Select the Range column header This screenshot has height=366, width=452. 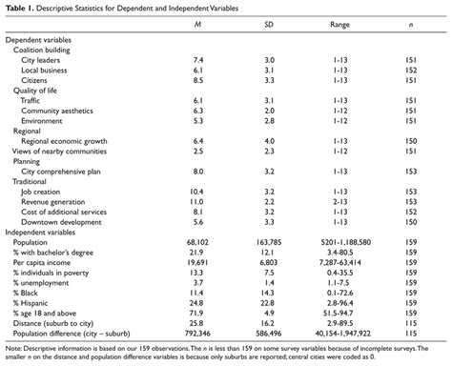click(341, 28)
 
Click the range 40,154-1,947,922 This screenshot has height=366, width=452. click(341, 332)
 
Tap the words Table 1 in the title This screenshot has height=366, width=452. click(19, 8)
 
